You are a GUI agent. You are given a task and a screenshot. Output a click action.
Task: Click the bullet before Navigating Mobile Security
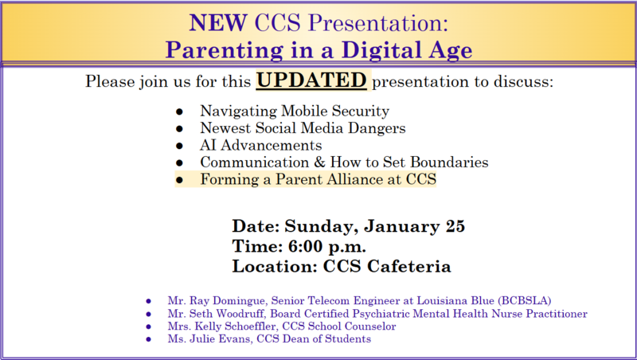coord(180,112)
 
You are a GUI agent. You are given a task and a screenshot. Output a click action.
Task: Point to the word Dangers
coord(374,128)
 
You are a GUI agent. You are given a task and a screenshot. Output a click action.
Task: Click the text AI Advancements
coord(261,146)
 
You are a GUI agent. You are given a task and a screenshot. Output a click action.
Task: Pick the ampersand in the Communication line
coord(304,162)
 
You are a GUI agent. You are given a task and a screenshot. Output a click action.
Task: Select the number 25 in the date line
coord(454,225)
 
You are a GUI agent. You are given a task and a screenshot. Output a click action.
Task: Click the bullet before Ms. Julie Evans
coord(148,340)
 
